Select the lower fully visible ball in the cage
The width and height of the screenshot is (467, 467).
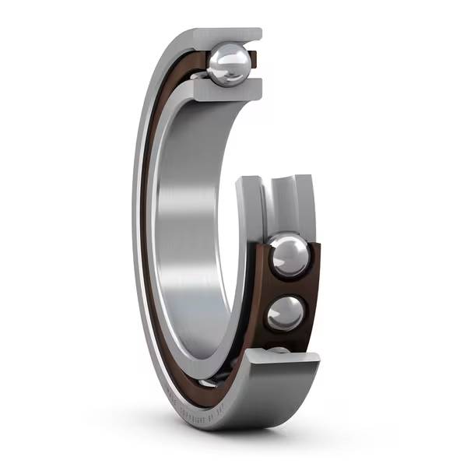pyautogui.click(x=285, y=313)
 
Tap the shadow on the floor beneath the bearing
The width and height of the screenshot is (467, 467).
pyautogui.click(x=233, y=436)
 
